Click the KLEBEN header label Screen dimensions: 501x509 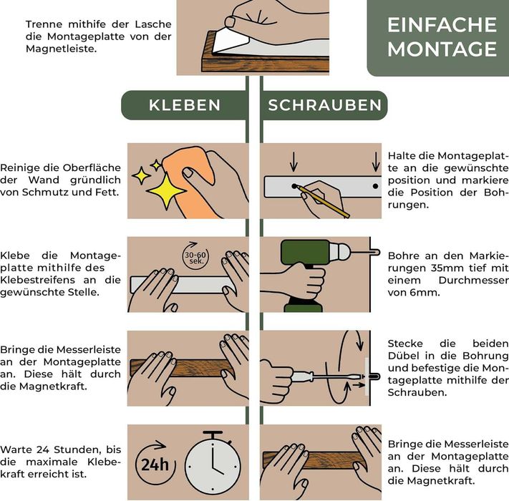(184, 105)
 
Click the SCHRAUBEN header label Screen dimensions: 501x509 (324, 105)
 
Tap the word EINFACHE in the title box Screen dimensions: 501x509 (442, 25)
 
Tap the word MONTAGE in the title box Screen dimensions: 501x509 (442, 49)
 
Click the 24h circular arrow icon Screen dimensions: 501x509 (154, 464)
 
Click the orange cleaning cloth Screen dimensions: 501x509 (188, 185)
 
